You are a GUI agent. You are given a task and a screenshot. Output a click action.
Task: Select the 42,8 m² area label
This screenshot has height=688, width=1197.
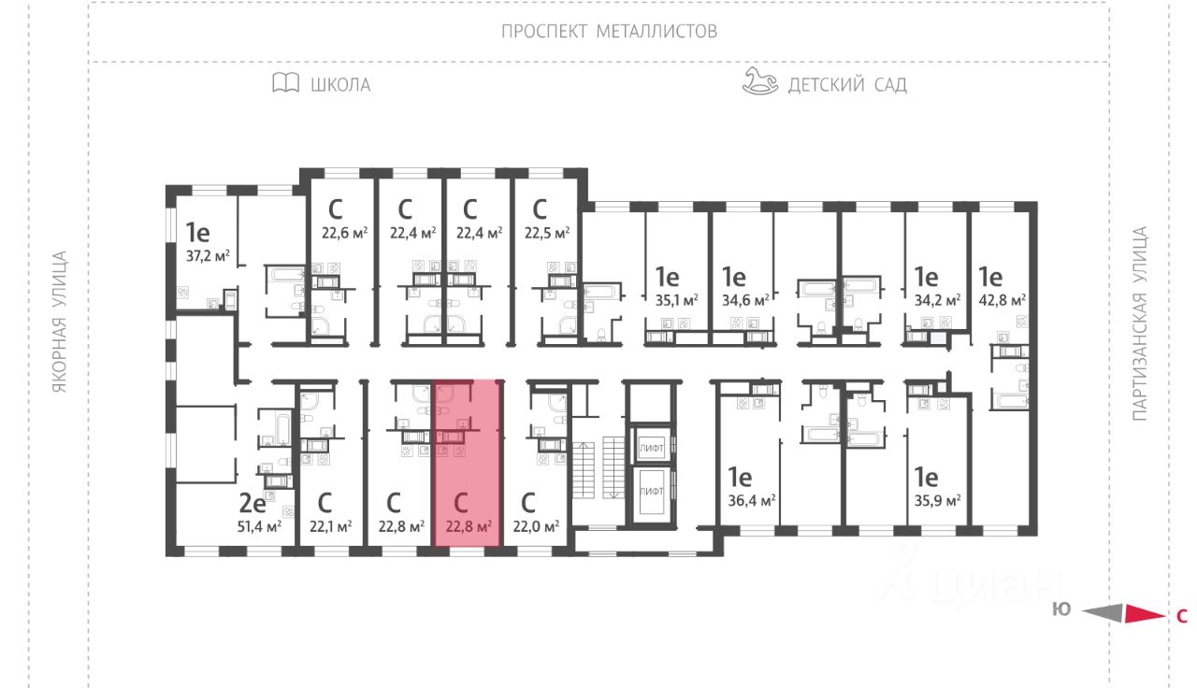[1002, 300]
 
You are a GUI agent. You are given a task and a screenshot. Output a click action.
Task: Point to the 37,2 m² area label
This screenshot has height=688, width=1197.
[209, 254]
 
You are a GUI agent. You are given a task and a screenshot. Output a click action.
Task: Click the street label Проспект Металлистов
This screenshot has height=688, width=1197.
[609, 31]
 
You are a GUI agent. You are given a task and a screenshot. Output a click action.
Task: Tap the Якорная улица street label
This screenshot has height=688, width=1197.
[60, 322]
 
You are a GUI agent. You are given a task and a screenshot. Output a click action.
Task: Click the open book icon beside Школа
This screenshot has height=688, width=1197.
[285, 84]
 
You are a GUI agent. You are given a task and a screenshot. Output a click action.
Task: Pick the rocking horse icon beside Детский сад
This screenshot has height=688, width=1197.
[759, 82]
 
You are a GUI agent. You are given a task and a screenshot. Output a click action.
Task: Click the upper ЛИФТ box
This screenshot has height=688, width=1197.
[651, 449]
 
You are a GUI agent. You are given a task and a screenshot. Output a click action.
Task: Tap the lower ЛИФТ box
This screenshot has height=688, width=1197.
[651, 490]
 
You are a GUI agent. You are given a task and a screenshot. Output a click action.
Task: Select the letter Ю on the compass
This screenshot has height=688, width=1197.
[1061, 609]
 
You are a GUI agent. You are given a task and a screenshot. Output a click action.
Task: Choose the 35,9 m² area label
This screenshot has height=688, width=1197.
[938, 500]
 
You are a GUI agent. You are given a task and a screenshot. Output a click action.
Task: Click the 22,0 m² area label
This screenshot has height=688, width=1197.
[537, 526]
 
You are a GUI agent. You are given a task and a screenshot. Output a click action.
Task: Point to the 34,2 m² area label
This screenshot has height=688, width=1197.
[938, 300]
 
